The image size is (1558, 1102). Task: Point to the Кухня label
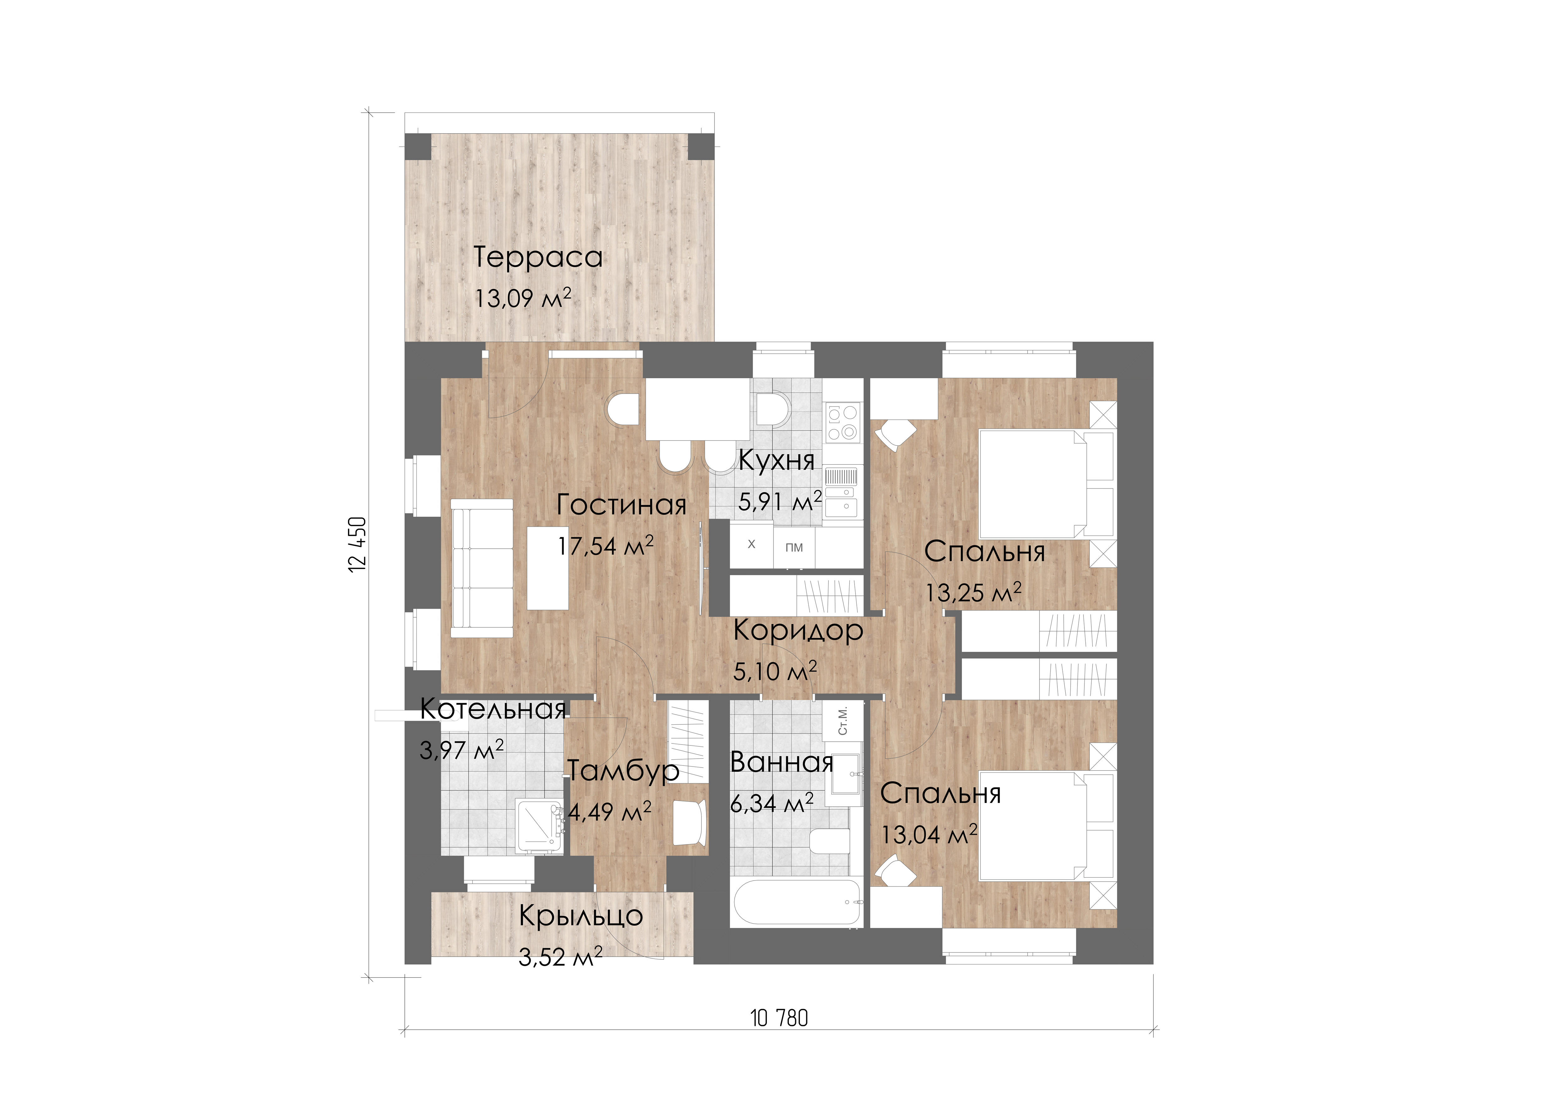click(x=776, y=460)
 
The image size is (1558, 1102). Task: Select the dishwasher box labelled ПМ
click(x=794, y=547)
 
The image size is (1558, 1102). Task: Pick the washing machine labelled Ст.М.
click(x=843, y=721)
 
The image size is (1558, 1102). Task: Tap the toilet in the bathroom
click(x=829, y=842)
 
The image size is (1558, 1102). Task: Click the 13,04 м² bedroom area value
click(x=929, y=834)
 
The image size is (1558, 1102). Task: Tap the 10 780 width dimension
click(x=779, y=1018)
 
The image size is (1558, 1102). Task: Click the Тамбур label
click(x=623, y=771)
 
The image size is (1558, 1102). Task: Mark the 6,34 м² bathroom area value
click(x=772, y=803)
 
